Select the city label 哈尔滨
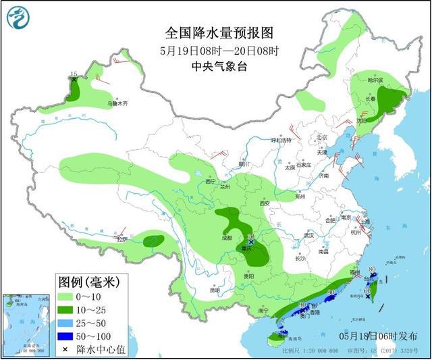pyautogui.click(x=375, y=80)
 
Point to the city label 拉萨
pyautogui.click(x=122, y=239)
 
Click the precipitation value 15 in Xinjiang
pyautogui.click(x=74, y=73)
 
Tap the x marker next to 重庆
pyautogui.click(x=252, y=241)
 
